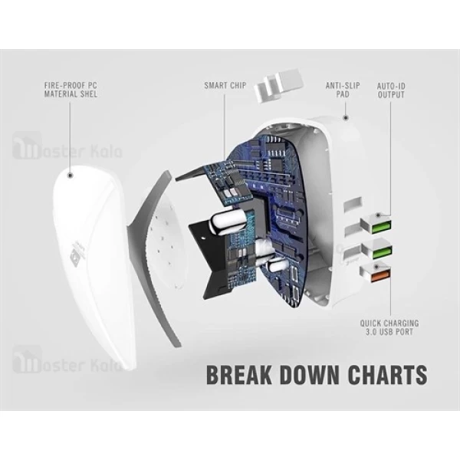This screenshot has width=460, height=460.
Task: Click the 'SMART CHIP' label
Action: pyautogui.click(x=225, y=86)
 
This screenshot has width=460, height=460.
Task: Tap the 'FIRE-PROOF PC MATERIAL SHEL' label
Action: pyautogui.click(x=71, y=90)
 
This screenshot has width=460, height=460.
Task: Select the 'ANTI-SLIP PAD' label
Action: pyautogui.click(x=343, y=90)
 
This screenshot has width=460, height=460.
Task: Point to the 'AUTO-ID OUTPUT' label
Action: pyautogui.click(x=391, y=90)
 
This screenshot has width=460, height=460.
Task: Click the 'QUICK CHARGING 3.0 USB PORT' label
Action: pyautogui.click(x=389, y=327)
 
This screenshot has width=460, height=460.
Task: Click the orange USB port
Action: pyautogui.click(x=380, y=276)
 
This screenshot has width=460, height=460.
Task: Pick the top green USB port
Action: pyautogui.click(x=381, y=228)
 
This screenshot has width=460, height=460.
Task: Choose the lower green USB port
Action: pyautogui.click(x=382, y=253)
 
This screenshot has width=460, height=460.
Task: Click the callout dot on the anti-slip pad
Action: pyautogui.click(x=346, y=118)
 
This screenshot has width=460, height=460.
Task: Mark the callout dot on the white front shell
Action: pyautogui.click(x=70, y=176)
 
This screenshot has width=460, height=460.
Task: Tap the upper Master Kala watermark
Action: pyautogui.click(x=67, y=146)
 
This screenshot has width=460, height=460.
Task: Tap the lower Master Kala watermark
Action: pyautogui.click(x=67, y=360)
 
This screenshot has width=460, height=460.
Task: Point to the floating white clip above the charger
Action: pyautogui.click(x=279, y=85)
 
